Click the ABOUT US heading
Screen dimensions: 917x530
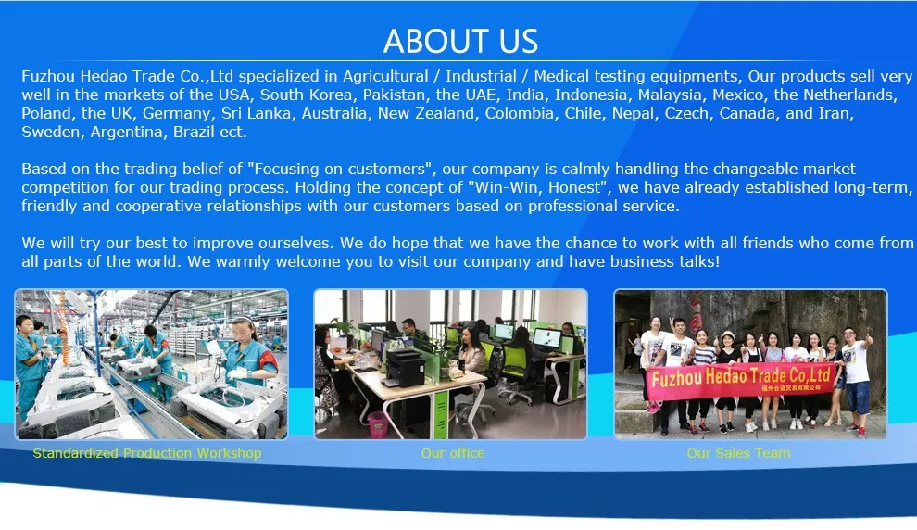pyautogui.click(x=461, y=41)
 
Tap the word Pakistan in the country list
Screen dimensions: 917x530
pyautogui.click(x=394, y=95)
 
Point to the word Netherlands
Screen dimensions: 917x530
pyautogui.click(x=849, y=95)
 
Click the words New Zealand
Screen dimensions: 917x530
pyautogui.click(x=426, y=113)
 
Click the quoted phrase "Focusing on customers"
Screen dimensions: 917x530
pyautogui.click(x=342, y=169)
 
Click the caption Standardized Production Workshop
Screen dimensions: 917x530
pyautogui.click(x=147, y=453)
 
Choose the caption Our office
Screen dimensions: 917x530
pyautogui.click(x=453, y=453)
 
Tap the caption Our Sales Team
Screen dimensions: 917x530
pyautogui.click(x=738, y=453)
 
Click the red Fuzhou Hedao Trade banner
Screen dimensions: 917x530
pyautogui.click(x=741, y=380)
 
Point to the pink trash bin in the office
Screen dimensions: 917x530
pyautogui.click(x=378, y=423)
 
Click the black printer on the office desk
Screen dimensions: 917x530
pyautogui.click(x=404, y=367)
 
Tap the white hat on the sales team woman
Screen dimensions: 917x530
pyautogui.click(x=728, y=334)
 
